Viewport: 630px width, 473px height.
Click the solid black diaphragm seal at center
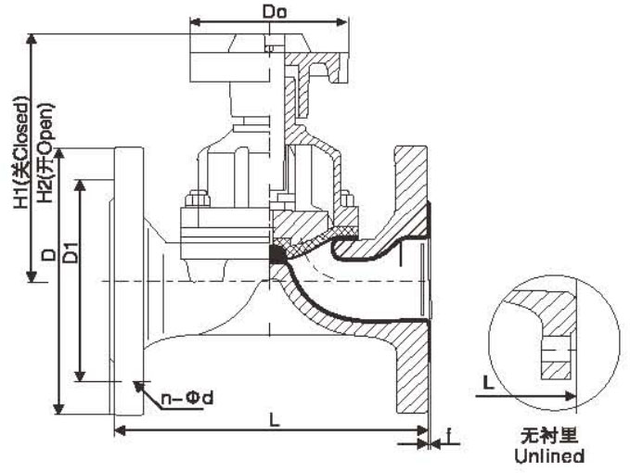(x=276, y=252)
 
